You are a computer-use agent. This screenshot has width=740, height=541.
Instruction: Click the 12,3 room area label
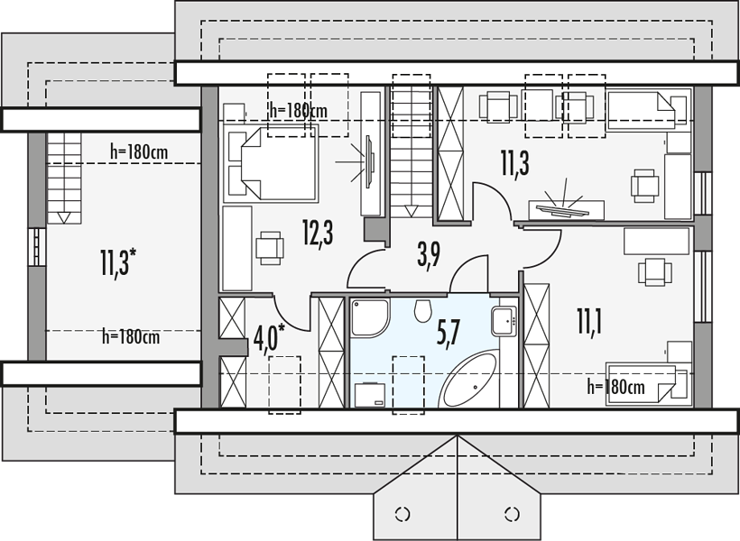pyautogui.click(x=318, y=234)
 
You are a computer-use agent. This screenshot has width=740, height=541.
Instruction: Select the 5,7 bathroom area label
pyautogui.click(x=449, y=333)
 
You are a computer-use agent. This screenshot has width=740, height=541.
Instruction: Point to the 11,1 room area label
pyautogui.click(x=589, y=320)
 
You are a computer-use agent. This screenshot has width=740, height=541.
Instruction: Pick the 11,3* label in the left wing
pyautogui.click(x=118, y=261)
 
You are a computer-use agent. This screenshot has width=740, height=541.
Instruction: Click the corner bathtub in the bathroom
pyautogui.click(x=468, y=379)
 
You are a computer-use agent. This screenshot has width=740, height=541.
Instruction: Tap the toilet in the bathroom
pyautogui.click(x=423, y=310)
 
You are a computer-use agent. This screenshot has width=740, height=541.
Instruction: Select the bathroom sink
pyautogui.click(x=504, y=321)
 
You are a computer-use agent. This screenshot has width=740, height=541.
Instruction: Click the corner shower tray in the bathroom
pyautogui.click(x=371, y=317)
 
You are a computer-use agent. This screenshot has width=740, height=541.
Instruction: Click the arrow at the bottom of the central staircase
pyautogui.click(x=412, y=211)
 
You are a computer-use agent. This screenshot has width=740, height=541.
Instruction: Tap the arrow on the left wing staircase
pyautogui.click(x=64, y=217)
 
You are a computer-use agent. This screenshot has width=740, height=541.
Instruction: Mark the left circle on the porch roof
pyautogui.click(x=402, y=514)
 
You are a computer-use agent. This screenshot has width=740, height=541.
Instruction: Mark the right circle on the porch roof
pyautogui.click(x=512, y=514)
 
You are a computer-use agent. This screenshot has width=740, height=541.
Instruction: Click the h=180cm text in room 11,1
pyautogui.click(x=615, y=387)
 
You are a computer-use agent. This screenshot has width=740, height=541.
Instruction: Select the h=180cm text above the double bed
pyautogui.click(x=299, y=110)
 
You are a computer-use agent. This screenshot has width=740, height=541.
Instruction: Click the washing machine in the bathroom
pyautogui.click(x=370, y=394)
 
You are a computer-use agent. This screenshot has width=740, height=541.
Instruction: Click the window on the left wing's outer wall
pyautogui.click(x=36, y=247)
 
